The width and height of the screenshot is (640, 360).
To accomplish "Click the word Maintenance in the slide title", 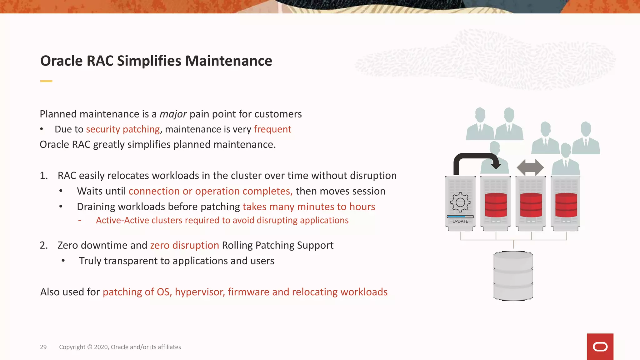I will [x=228, y=61].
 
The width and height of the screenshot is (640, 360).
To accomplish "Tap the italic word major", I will [x=173, y=114].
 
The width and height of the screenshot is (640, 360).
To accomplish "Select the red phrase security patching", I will [x=123, y=129].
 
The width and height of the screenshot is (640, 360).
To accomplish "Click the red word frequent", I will [x=272, y=129].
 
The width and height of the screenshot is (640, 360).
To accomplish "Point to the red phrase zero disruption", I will [x=184, y=245].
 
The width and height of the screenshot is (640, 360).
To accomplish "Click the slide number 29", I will [x=43, y=347].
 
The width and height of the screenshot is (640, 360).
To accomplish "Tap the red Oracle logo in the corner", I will [x=600, y=347].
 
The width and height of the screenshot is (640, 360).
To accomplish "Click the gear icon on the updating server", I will [x=460, y=202].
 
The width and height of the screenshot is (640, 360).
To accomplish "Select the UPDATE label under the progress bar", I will [x=460, y=221].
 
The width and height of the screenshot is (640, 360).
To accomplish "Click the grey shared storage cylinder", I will [x=513, y=276].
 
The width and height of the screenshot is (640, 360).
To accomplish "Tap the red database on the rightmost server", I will [x=566, y=205].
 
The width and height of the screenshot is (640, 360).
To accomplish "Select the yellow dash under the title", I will [x=46, y=81].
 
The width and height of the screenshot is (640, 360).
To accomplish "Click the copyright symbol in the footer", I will [x=90, y=347].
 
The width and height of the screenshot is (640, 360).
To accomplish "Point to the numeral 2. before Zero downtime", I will [x=44, y=245].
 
